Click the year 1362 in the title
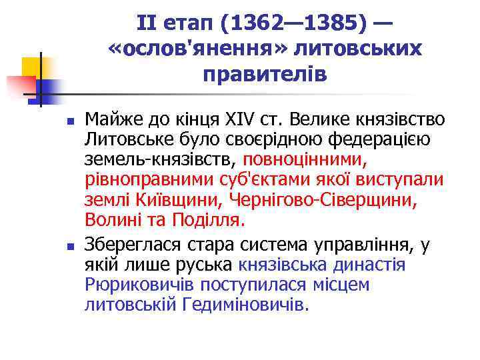(248, 25)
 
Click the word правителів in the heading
(265, 73)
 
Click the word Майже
(110, 121)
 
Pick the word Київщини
(185, 200)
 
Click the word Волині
(109, 219)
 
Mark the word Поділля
(209, 219)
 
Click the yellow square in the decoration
(32, 67)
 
